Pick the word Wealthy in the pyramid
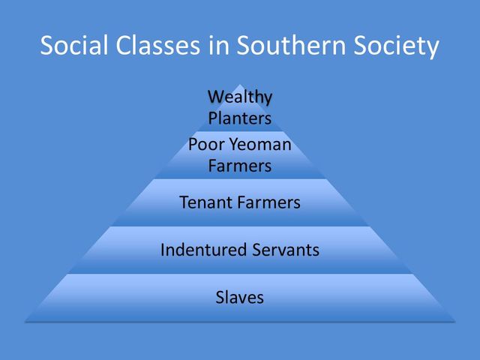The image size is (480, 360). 239,97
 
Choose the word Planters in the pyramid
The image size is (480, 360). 239,118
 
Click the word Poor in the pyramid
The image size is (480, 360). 203,144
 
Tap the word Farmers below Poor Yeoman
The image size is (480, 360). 239,165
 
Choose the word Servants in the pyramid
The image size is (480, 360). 284,250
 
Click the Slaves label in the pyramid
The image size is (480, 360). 239,297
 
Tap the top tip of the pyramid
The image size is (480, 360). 239,84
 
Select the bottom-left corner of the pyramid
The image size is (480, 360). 25,321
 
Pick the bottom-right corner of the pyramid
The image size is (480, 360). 454,321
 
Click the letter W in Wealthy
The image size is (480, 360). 216,97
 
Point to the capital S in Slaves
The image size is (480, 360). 220,297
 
